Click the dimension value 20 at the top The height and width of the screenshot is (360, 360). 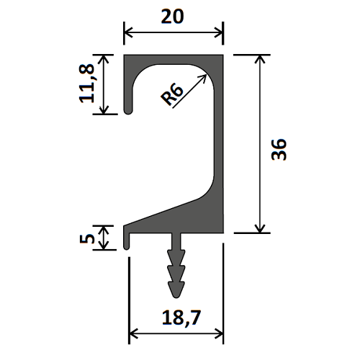pyautogui.click(x=172, y=17)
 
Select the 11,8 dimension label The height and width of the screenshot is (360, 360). pyautogui.click(x=86, y=84)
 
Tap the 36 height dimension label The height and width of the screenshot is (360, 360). pyautogui.click(x=279, y=149)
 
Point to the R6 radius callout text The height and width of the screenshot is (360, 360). pyautogui.click(x=172, y=95)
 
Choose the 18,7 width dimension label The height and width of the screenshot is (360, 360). pyautogui.click(x=181, y=318)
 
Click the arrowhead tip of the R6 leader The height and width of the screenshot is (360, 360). pyautogui.click(x=207, y=75)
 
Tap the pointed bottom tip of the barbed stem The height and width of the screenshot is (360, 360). pyautogui.click(x=176, y=297)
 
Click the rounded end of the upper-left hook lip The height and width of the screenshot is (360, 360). pyautogui.click(x=128, y=111)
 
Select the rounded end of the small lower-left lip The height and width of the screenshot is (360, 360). pyautogui.click(x=126, y=247)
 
